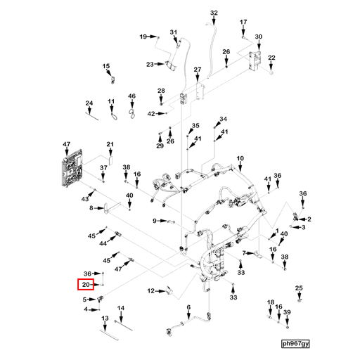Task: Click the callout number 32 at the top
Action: point(214,13)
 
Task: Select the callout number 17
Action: point(244,22)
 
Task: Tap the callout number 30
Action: point(258,37)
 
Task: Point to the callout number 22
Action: point(272,58)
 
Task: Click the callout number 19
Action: point(143,36)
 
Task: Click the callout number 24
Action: point(89,104)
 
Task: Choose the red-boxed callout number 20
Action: point(86,285)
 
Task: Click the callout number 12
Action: point(150,290)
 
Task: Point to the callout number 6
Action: point(188,308)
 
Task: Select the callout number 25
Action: point(299,288)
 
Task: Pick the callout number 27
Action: point(198,70)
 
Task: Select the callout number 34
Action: point(224,119)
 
